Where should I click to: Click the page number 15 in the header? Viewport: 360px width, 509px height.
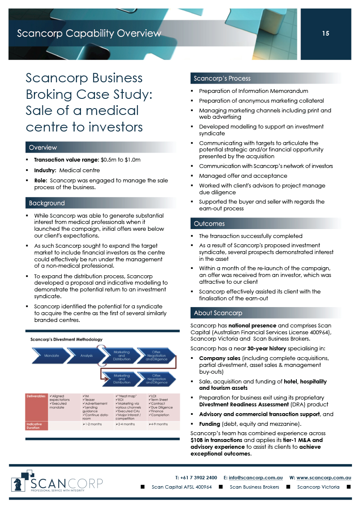tap(326, 34)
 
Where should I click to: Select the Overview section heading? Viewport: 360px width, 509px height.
tap(43, 148)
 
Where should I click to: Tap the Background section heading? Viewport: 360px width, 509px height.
tap(47, 203)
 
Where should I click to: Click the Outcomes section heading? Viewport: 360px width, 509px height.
tap(209, 224)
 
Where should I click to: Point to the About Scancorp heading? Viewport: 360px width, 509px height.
tap(218, 313)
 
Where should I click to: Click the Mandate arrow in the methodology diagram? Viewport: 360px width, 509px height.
tap(52, 355)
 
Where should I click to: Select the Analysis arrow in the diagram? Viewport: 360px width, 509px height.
tap(87, 355)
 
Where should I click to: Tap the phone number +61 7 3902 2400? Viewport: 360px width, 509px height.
tap(199, 477)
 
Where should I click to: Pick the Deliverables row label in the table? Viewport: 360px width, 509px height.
tap(36, 396)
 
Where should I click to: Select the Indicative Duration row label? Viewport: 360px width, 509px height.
tap(35, 426)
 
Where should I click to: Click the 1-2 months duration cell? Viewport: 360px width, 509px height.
tap(92, 424)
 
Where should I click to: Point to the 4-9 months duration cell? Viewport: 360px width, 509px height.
tap(159, 424)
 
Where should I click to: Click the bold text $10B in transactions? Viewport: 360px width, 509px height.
tap(216, 440)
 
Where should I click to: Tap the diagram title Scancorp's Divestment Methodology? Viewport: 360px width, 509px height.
tap(66, 339)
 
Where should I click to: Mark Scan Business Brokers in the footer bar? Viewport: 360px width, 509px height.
tap(254, 487)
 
